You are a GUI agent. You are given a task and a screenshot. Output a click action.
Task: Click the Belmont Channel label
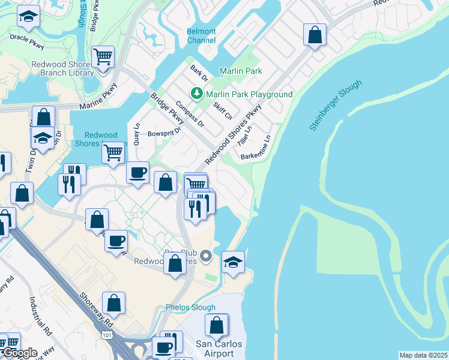tap(201, 35)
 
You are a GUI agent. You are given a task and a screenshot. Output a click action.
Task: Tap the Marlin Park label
tap(241, 71)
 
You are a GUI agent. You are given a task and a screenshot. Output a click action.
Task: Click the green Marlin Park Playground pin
tap(196, 94)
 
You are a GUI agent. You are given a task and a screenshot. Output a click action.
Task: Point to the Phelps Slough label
tap(190, 307)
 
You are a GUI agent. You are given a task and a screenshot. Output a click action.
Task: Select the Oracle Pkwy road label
tap(26, 38)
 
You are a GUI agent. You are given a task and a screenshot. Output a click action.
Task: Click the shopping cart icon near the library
tap(103, 58)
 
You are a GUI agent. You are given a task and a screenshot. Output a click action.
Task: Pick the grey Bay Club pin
tap(206, 257)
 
